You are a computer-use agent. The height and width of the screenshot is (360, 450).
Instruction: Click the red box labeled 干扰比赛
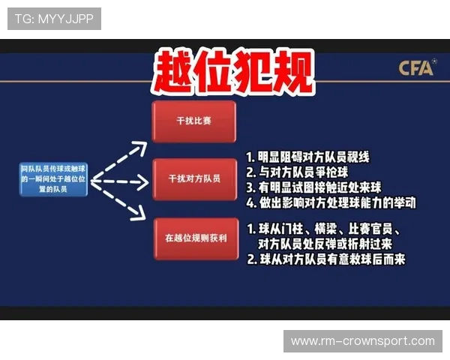(x=193, y=120)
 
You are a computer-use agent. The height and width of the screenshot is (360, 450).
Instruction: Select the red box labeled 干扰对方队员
(x=193, y=179)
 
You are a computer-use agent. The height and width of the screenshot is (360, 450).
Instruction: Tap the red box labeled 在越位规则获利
(x=193, y=238)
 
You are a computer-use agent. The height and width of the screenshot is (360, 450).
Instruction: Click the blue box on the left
(x=54, y=180)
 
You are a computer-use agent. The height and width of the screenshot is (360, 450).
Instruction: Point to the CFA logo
(x=415, y=68)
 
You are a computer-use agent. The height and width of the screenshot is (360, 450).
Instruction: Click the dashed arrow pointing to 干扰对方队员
(x=120, y=181)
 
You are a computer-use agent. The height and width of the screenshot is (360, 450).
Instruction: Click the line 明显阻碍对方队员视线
(x=308, y=158)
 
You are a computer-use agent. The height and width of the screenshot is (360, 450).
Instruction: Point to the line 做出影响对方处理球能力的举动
(x=330, y=202)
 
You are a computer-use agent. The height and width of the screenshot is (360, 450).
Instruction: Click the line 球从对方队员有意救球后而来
(x=326, y=260)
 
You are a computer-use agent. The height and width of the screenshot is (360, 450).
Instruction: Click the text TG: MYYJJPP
(x=54, y=18)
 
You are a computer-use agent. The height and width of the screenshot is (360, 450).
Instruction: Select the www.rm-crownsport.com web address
(x=363, y=341)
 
